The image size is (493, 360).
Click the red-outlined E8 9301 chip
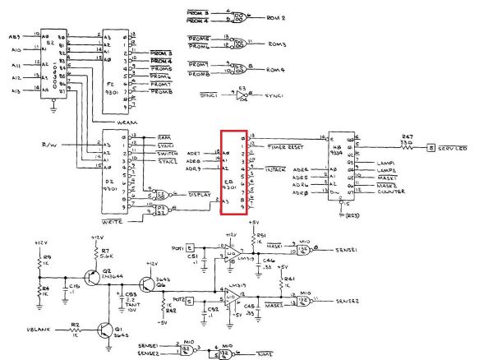coord(233,172)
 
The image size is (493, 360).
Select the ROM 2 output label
coord(275,16)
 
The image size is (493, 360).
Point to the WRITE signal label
coord(113,222)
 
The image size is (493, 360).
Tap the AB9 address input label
coord(15,36)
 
